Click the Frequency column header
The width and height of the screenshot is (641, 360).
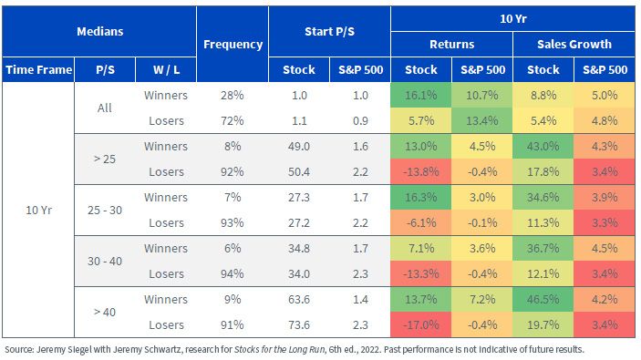point(233,44)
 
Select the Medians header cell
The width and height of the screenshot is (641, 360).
point(99,32)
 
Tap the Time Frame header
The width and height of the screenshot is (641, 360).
point(38,69)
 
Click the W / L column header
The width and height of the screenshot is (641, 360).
point(166,69)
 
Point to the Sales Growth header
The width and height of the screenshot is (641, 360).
point(574,44)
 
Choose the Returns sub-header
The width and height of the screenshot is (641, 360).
point(451,44)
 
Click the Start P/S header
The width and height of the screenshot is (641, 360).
point(329,32)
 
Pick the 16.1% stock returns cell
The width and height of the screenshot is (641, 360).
point(421,95)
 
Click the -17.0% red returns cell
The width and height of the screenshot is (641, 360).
point(421,324)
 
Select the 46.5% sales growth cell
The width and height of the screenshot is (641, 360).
point(543,300)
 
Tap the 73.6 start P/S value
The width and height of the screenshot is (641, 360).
point(299,324)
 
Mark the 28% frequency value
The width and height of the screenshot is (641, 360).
point(233,95)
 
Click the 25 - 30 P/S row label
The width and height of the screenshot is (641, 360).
point(105,210)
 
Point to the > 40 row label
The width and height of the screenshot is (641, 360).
point(105,313)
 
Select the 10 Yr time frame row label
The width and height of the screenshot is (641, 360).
point(38,210)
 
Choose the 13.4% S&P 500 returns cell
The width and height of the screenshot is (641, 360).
point(482,120)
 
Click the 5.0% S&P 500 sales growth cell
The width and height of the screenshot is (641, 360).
point(605,95)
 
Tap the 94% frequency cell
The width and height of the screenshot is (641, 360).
point(233,273)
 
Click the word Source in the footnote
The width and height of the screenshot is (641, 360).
point(19,350)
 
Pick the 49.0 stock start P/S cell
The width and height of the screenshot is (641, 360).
point(299,147)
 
